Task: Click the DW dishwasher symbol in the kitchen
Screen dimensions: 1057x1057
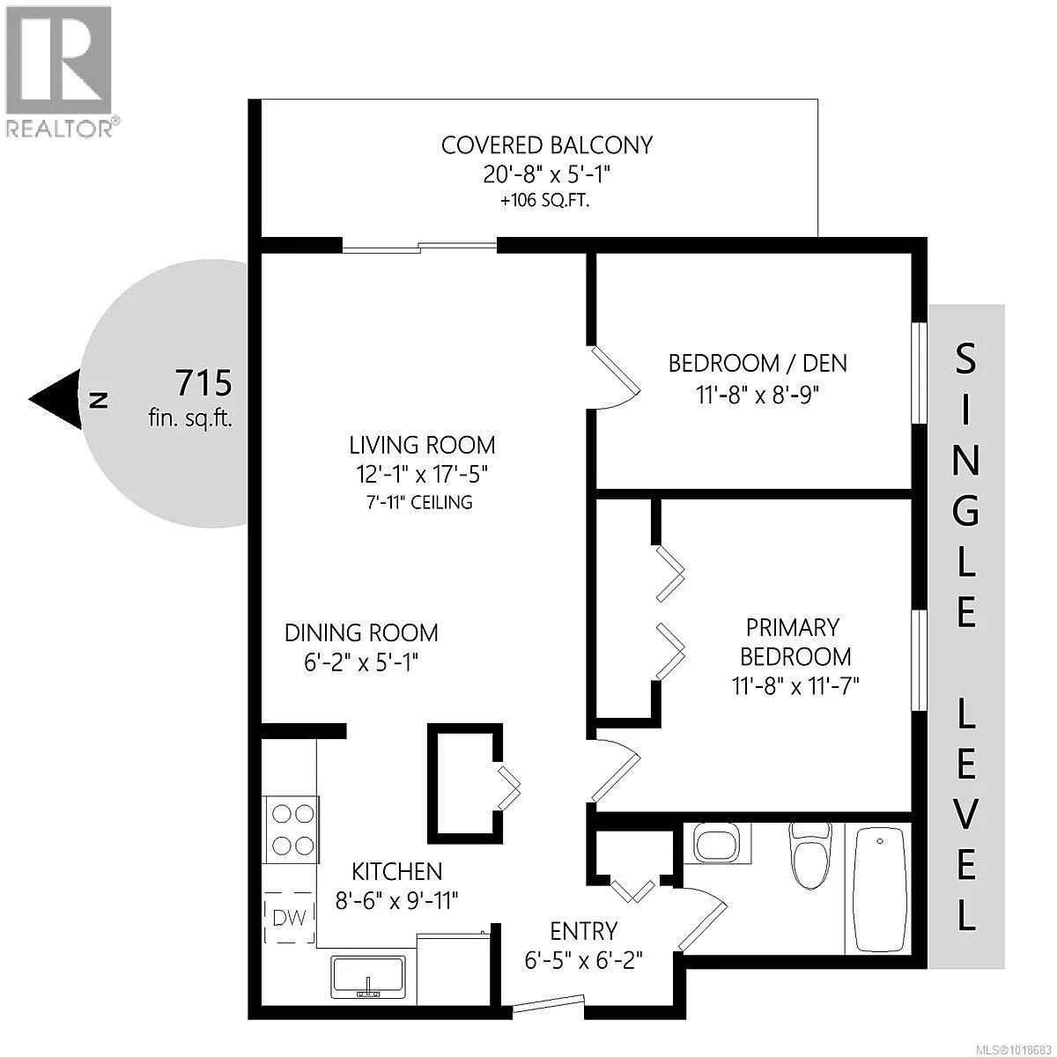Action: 290,918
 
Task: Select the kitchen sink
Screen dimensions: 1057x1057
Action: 368,978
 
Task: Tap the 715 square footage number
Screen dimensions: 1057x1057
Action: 203,384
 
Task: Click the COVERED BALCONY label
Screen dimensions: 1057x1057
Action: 547,145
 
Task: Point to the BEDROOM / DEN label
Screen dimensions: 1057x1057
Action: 758,363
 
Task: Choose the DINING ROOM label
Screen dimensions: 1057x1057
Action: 361,632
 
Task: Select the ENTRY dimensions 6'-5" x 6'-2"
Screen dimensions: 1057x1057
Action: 584,959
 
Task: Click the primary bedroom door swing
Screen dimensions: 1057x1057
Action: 615,766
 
